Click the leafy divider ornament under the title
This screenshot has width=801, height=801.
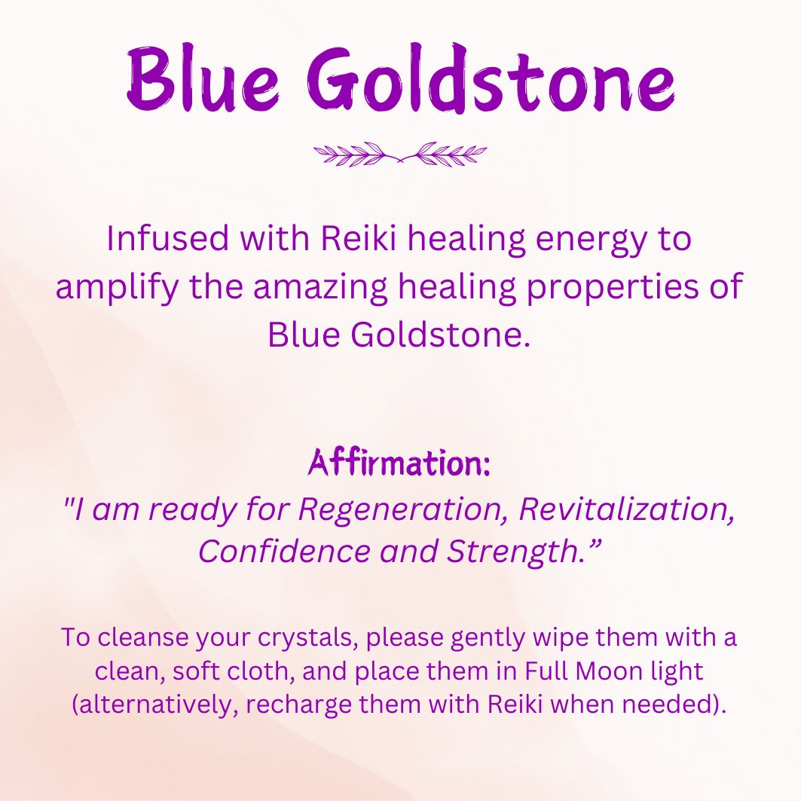pos(400,153)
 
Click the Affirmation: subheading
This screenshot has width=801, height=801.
pos(399,462)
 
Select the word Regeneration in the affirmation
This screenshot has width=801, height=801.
pos(402,509)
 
